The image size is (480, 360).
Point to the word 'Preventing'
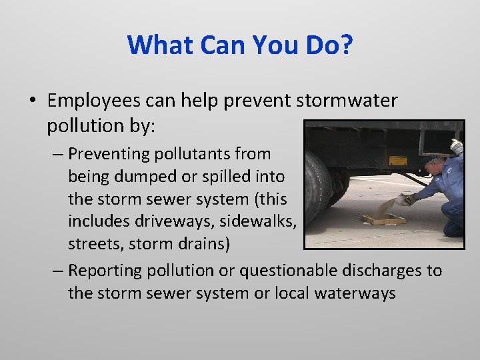pyautogui.click(x=108, y=154)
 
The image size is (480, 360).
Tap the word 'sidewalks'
pyautogui.click(x=261, y=222)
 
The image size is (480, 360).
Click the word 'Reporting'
pyautogui.click(x=105, y=271)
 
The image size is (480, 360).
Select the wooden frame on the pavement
pyautogui.click(x=383, y=219)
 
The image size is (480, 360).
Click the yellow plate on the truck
pyautogui.click(x=398, y=161)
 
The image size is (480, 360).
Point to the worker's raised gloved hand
pyautogui.click(x=456, y=146)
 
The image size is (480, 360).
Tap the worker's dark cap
pyautogui.click(x=434, y=161)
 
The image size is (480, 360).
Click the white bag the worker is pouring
pyautogui.click(x=403, y=199)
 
